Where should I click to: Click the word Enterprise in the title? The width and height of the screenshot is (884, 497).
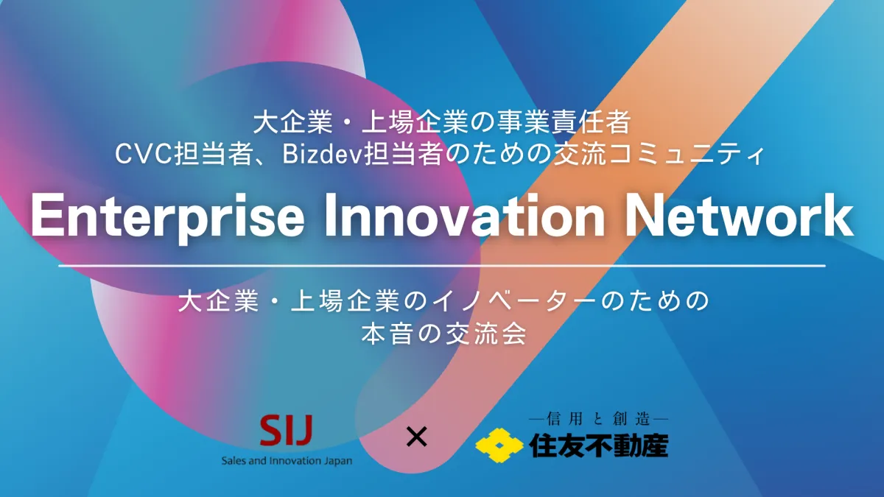click(x=168, y=218)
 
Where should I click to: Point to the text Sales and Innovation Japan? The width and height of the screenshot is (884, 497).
click(x=287, y=461)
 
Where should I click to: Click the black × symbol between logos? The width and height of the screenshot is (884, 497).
click(x=416, y=437)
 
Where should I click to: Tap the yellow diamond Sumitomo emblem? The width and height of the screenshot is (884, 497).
click(x=499, y=445)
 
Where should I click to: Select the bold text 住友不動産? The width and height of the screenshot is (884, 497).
click(x=598, y=445)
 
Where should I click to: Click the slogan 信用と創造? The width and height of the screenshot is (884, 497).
click(x=598, y=419)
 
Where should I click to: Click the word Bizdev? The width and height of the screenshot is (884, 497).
click(x=322, y=155)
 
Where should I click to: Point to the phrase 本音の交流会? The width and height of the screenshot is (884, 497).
click(x=443, y=334)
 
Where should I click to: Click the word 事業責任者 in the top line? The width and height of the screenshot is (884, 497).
click(x=562, y=122)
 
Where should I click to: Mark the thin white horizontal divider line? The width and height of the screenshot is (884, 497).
click(x=442, y=266)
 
